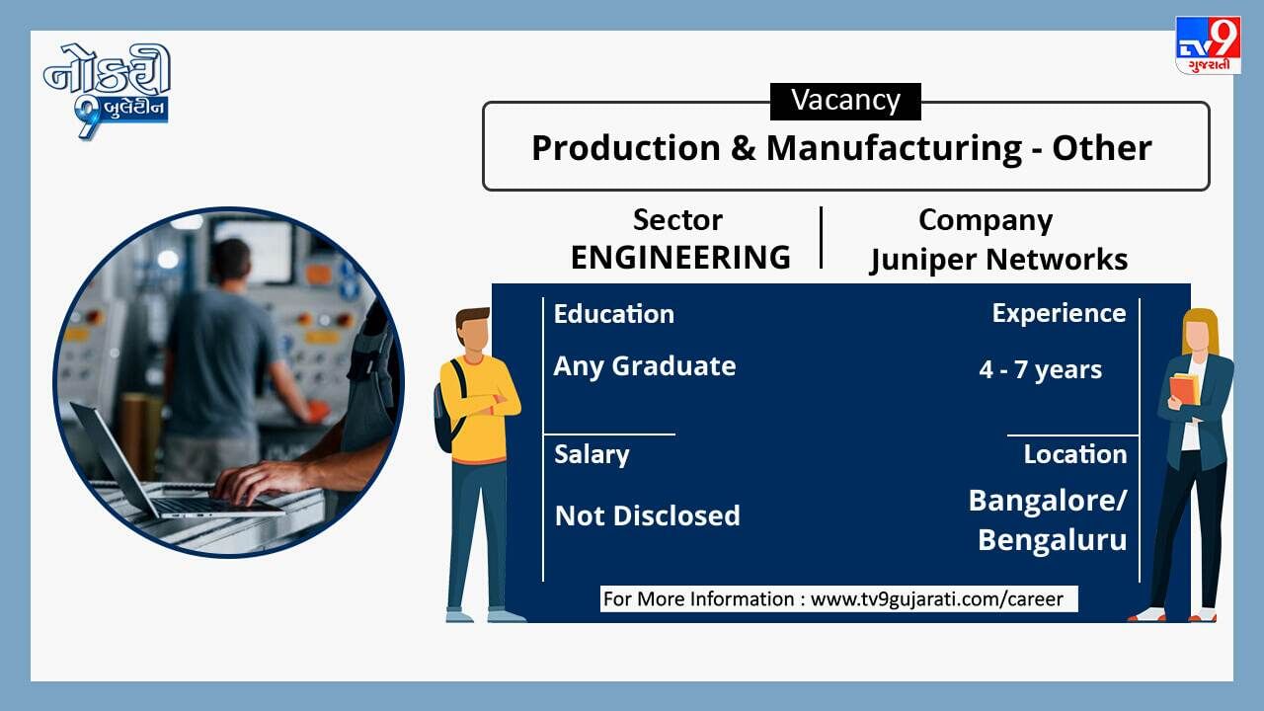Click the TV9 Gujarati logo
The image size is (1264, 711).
(x=1208, y=45)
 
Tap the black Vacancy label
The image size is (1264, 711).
(x=845, y=102)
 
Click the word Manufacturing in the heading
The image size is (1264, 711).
(x=894, y=148)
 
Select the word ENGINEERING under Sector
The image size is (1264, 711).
(x=680, y=258)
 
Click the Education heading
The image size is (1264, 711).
(x=614, y=314)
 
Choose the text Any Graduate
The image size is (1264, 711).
(x=645, y=366)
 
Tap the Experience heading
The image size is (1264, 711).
(x=1059, y=314)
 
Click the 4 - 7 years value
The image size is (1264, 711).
(x=1040, y=370)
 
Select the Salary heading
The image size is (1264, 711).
(x=592, y=455)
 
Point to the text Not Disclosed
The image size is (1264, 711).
(x=647, y=515)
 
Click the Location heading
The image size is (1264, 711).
(x=1075, y=454)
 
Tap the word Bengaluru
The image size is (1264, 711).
(x=1053, y=540)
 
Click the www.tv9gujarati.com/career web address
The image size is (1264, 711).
(x=937, y=598)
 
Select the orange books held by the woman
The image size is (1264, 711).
(x=1184, y=389)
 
